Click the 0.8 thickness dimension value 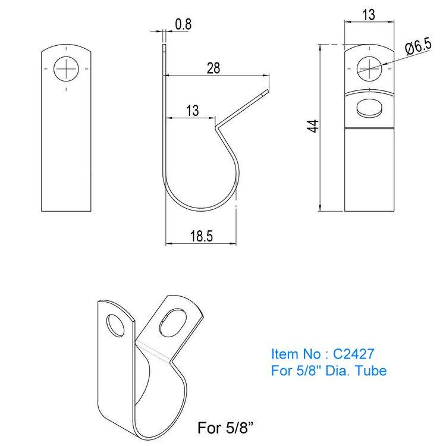183,24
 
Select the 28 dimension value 213,68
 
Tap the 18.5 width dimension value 202,236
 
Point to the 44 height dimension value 313,126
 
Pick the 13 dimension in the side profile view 193,111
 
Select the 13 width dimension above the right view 369,14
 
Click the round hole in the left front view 66,69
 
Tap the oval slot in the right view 369,108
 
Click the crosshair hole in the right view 369,68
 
